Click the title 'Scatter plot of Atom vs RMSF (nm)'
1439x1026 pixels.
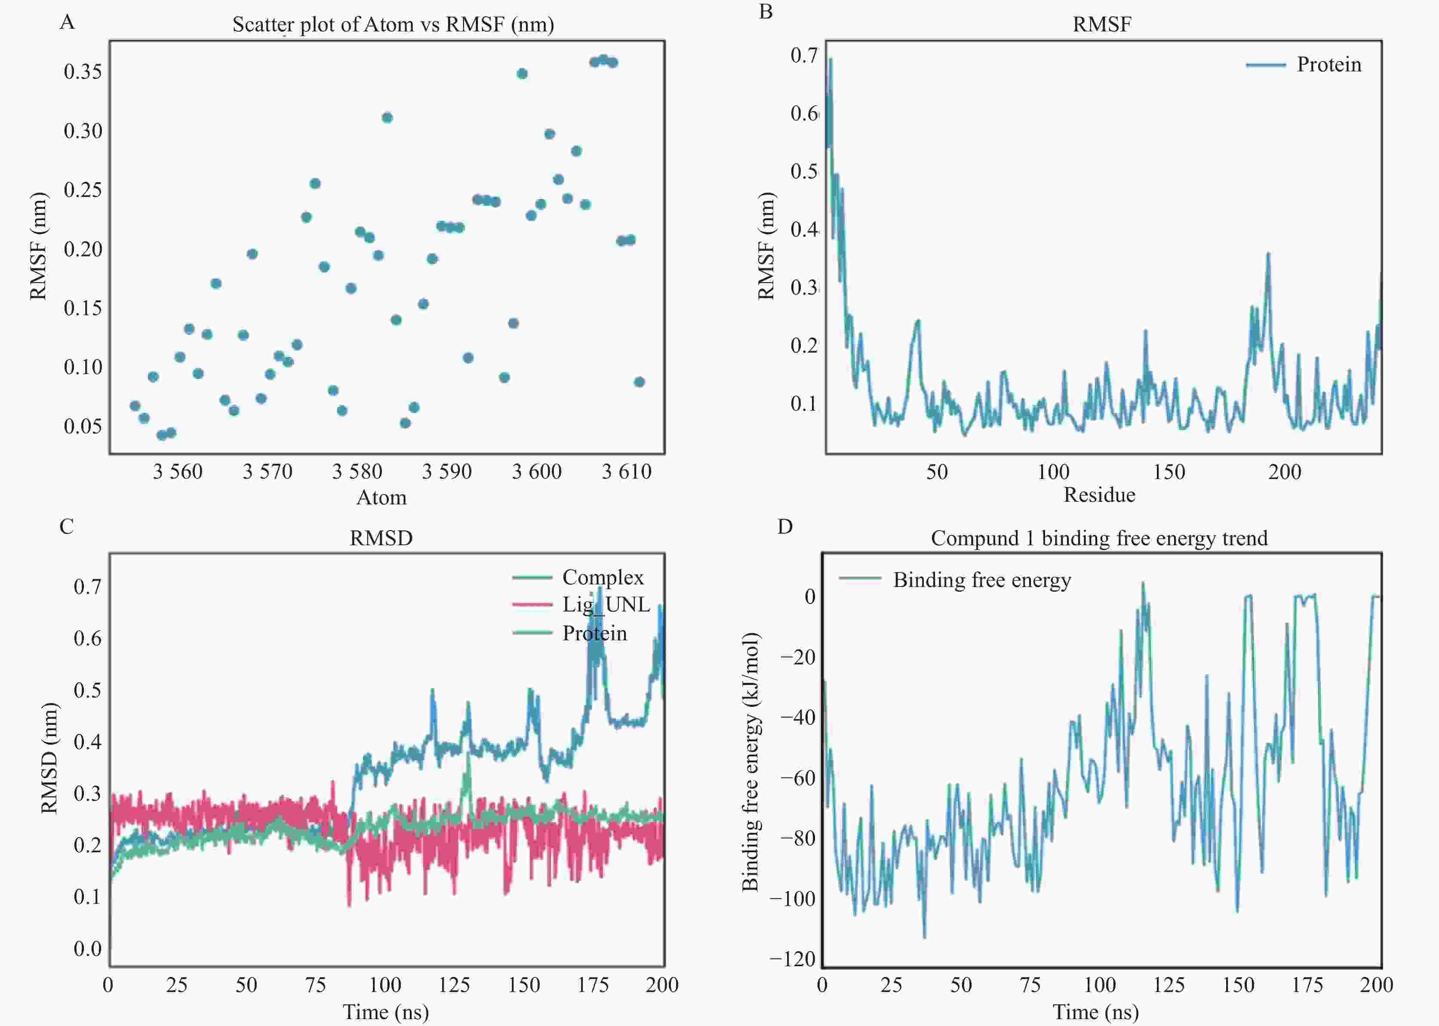pyautogui.click(x=393, y=25)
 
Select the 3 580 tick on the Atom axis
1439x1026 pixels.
pyautogui.click(x=357, y=471)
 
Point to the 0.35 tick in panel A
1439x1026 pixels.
pyautogui.click(x=83, y=71)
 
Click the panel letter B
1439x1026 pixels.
pyautogui.click(x=766, y=12)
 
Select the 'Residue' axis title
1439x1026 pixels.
pyautogui.click(x=1099, y=495)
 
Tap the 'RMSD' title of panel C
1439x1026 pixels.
pyautogui.click(x=381, y=538)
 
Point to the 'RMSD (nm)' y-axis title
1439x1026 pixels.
pyautogui.click(x=49, y=758)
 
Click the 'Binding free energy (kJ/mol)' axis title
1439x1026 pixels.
pyautogui.click(x=750, y=761)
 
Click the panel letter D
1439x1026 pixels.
pyautogui.click(x=784, y=527)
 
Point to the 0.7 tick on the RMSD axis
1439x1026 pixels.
pyautogui.click(x=87, y=586)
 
